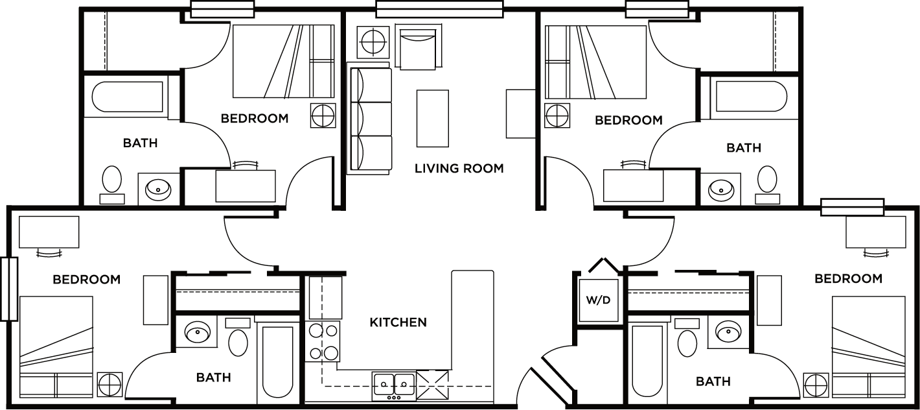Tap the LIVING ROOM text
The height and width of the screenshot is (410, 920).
pyautogui.click(x=459, y=169)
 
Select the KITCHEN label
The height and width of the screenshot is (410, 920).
pyautogui.click(x=398, y=322)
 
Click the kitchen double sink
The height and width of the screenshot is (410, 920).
pyautogui.click(x=394, y=383)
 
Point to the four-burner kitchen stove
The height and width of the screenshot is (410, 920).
pyautogui.click(x=324, y=342)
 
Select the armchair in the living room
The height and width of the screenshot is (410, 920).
pyautogui.click(x=419, y=48)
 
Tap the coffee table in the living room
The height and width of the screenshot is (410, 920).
pyautogui.click(x=432, y=119)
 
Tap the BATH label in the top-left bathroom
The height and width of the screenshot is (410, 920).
pyautogui.click(x=140, y=143)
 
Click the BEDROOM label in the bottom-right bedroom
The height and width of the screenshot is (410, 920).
pyautogui.click(x=848, y=278)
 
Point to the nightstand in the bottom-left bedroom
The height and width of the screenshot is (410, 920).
pyautogui.click(x=109, y=384)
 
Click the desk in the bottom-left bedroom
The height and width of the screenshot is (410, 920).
pyautogui.click(x=49, y=232)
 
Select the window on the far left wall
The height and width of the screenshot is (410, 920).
pyautogui.click(x=9, y=289)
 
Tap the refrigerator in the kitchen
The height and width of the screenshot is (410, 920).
pyautogui.click(x=325, y=297)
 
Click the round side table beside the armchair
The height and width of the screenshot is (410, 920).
pyautogui.click(x=373, y=42)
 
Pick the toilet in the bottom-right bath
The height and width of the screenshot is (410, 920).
pyautogui.click(x=687, y=340)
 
